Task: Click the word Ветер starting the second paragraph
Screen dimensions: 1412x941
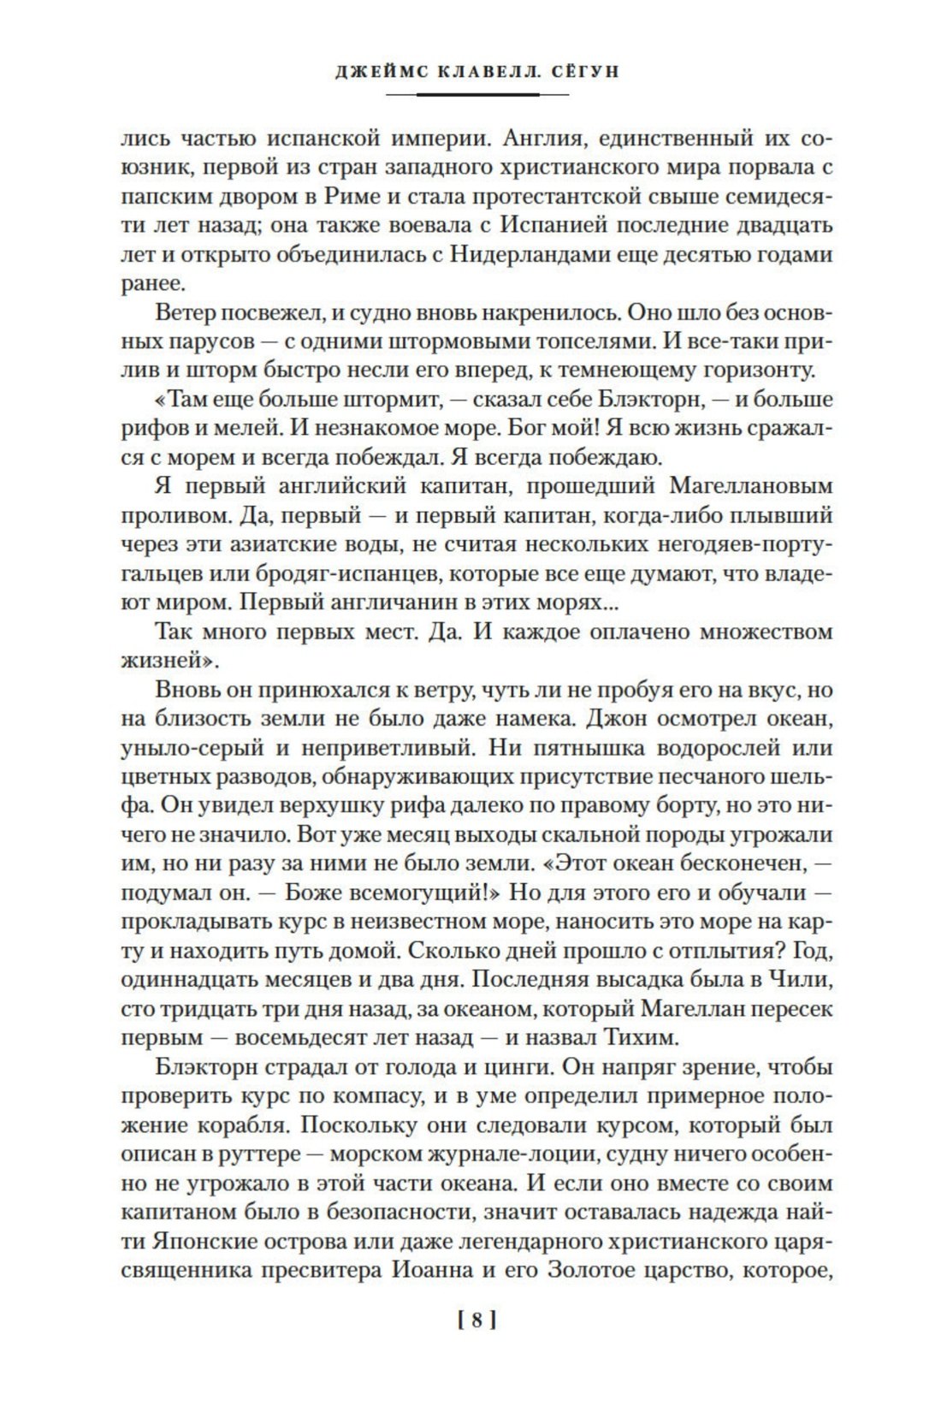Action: (x=186, y=313)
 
